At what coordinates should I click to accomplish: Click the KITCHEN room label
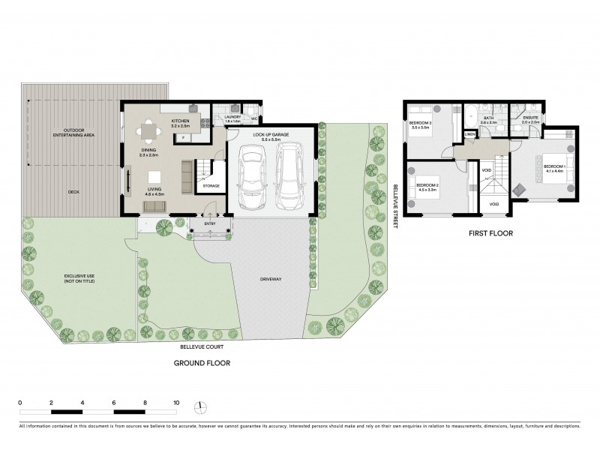[181, 122]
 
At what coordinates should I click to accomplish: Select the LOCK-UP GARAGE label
[267, 136]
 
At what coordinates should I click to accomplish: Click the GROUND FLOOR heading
[202, 363]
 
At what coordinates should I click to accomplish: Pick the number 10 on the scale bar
[176, 403]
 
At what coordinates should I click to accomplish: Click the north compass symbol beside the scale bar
[199, 407]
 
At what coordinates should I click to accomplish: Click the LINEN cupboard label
[469, 135]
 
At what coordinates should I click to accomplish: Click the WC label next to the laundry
[255, 118]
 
